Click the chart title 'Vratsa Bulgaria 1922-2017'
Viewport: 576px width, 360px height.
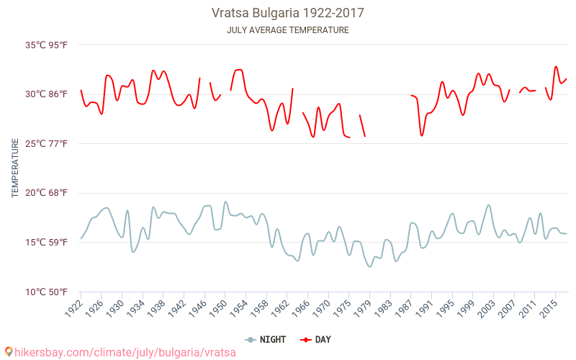click(x=288, y=13)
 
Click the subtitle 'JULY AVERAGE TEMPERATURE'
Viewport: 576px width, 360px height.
click(x=288, y=30)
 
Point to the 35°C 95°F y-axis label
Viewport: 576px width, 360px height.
click(x=47, y=45)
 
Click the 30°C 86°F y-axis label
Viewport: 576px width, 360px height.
click(x=47, y=94)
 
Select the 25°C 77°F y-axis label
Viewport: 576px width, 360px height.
click(x=47, y=144)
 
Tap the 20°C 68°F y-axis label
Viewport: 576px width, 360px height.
click(x=47, y=193)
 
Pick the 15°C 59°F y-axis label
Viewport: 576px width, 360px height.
click(x=47, y=243)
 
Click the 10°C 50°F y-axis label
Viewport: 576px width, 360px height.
click(x=47, y=292)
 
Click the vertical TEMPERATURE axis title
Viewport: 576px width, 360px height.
click(x=15, y=168)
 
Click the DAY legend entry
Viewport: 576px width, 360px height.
click(x=317, y=340)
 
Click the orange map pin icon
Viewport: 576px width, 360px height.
click(x=8, y=352)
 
